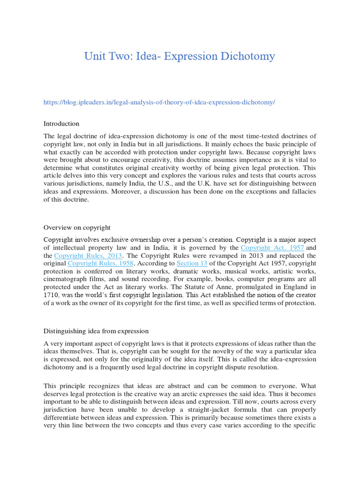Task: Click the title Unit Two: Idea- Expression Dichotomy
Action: coord(180,56)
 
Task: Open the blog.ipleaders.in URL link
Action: coord(159,102)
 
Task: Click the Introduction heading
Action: coord(61,124)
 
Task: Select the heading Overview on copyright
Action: coord(77,227)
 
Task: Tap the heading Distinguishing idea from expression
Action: coord(96,331)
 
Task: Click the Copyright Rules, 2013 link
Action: coord(88,256)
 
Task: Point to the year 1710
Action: coord(52,294)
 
